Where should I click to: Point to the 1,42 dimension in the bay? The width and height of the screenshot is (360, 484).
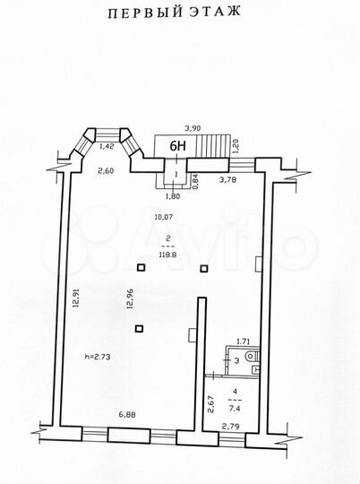(x=106, y=145)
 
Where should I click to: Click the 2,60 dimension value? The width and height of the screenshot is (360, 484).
(x=106, y=171)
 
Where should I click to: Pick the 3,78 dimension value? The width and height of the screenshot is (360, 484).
(x=229, y=178)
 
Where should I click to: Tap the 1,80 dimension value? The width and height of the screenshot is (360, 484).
(x=174, y=195)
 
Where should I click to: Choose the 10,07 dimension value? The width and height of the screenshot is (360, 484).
(x=163, y=216)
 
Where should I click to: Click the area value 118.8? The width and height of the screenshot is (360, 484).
(x=167, y=255)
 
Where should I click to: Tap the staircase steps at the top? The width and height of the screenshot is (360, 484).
(x=209, y=144)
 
